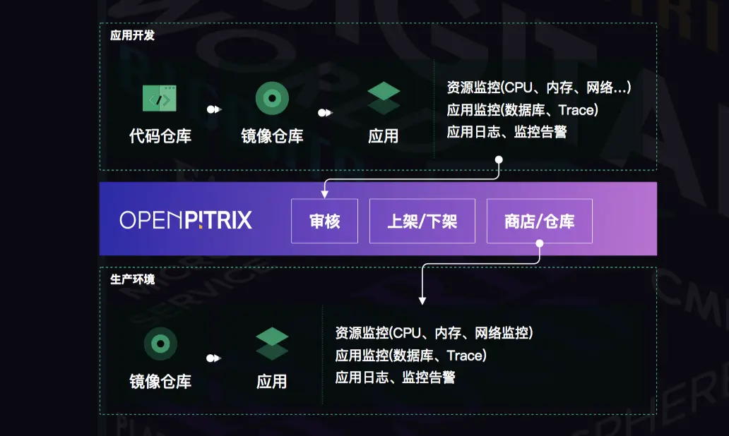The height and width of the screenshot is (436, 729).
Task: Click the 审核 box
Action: click(325, 221)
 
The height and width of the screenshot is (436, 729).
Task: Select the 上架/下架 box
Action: click(422, 221)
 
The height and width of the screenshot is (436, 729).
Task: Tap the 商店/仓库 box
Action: click(539, 221)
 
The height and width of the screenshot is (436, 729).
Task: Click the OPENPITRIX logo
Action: click(186, 220)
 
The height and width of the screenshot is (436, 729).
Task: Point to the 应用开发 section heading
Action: click(132, 35)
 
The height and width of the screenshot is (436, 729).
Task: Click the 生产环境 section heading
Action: click(132, 279)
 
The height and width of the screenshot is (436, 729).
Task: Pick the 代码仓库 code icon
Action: click(160, 98)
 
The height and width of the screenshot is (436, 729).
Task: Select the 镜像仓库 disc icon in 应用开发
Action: click(272, 98)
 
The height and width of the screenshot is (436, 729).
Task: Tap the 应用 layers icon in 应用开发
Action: click(384, 98)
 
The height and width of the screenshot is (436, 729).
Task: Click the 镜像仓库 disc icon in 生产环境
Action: click(160, 344)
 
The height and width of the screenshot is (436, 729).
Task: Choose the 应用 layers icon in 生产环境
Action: click(272, 344)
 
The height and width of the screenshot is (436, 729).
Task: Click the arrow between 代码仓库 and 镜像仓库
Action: click(215, 109)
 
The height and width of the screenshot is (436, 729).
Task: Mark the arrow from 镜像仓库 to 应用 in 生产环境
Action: click(215, 358)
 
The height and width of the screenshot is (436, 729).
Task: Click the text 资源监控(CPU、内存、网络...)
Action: click(539, 88)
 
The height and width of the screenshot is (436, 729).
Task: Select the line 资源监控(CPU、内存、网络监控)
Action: click(434, 333)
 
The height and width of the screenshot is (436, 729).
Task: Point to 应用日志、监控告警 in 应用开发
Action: click(506, 132)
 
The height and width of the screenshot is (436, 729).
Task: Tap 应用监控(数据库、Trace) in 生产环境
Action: click(410, 355)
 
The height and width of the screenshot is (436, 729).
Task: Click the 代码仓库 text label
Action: click(160, 135)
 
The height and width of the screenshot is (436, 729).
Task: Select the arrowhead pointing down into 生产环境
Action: click(422, 301)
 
